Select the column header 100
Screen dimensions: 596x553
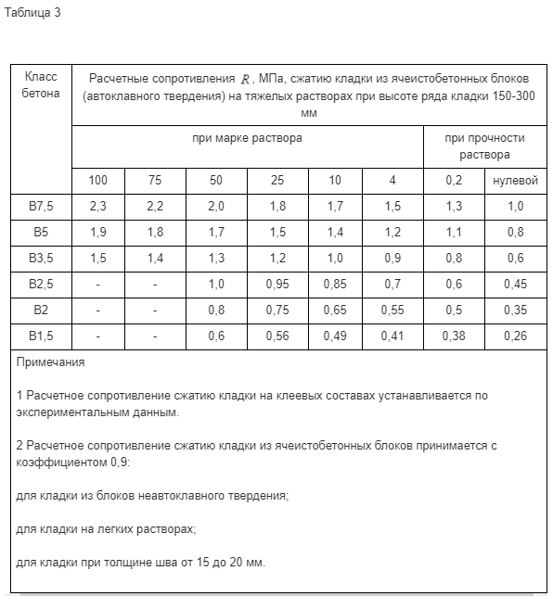point(98,180)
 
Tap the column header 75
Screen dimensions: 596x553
point(155,180)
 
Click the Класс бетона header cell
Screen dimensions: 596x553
point(41,85)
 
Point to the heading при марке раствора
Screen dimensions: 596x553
point(247,137)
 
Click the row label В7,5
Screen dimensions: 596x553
point(41,206)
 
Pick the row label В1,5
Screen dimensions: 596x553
point(41,336)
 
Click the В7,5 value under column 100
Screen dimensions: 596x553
point(98,206)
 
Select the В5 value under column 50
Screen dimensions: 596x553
point(216,232)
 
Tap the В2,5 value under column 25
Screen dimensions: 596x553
point(277,284)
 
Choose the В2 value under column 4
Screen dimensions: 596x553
point(393,310)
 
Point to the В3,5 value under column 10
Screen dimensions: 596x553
point(335,258)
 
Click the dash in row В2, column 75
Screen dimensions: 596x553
point(155,310)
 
